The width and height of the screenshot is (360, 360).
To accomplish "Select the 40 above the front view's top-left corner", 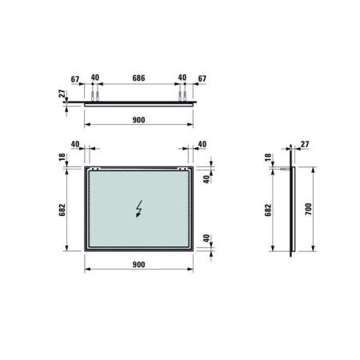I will coord(74,145).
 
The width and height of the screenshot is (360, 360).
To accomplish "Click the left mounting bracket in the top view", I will coord(95,94).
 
